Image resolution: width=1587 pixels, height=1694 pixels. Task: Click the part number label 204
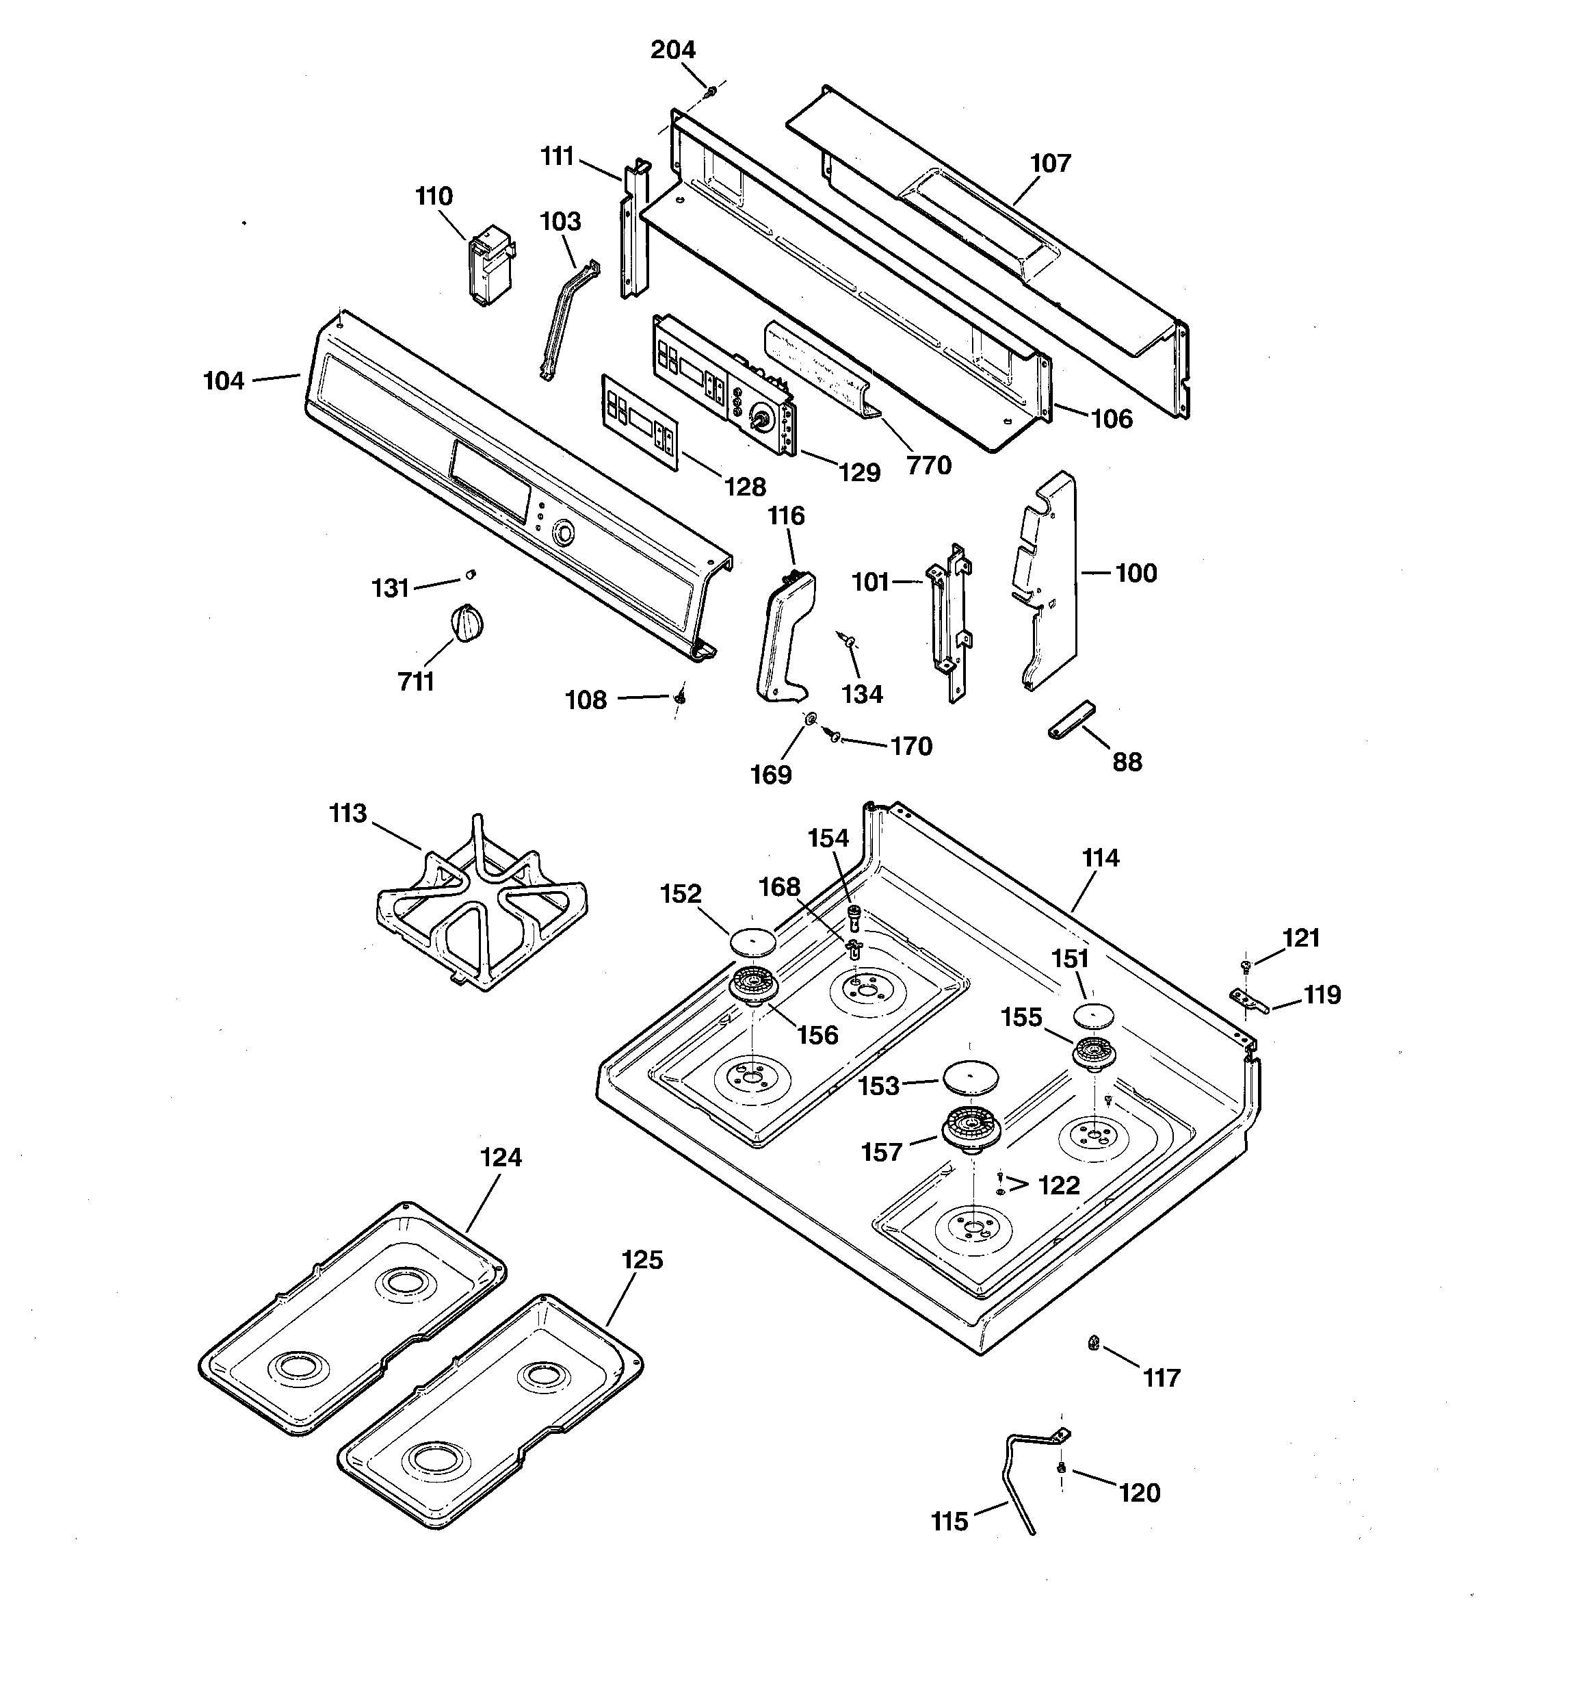click(x=673, y=50)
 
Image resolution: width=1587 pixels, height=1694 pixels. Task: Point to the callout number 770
click(x=928, y=465)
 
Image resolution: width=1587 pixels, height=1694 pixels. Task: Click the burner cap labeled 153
click(x=969, y=1076)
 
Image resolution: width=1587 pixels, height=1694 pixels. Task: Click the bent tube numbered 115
click(x=1021, y=1481)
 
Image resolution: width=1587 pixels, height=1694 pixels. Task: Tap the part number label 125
click(x=642, y=1259)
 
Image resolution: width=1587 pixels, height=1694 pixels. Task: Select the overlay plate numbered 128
click(x=639, y=421)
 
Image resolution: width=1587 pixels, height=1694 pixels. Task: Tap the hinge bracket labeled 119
click(x=1249, y=999)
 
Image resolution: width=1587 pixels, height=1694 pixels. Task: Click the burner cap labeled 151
click(x=1094, y=1016)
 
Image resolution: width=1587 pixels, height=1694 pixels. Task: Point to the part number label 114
click(x=1100, y=858)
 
